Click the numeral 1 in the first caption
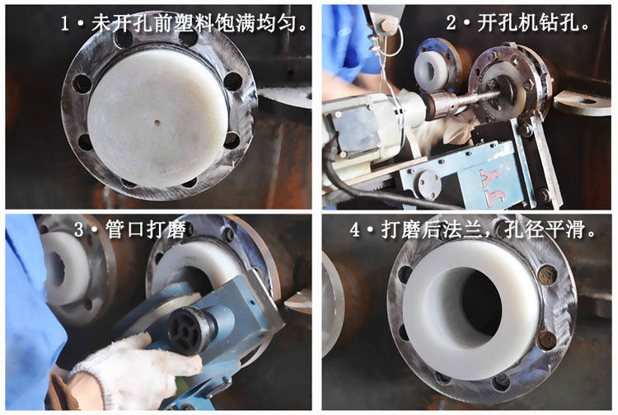pos(65,23)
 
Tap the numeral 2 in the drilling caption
pos(452,22)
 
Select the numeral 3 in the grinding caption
pos(79,229)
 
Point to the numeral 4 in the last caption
pos(355,229)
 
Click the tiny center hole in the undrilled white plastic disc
pos(157,122)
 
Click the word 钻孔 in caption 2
pos(559,22)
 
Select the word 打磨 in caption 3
pos(166,229)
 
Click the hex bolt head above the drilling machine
pos(387,25)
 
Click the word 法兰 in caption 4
pos(463,229)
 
